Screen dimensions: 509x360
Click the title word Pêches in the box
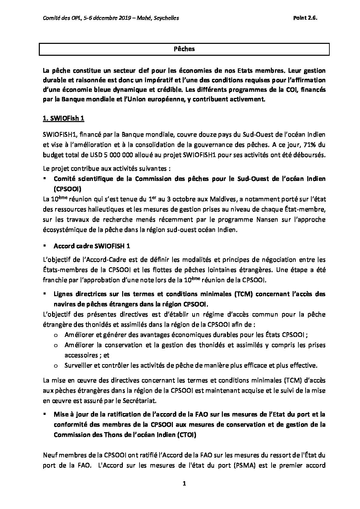tap(184, 49)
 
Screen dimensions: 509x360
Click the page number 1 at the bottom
tap(184, 483)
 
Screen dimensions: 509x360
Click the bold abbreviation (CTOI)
tap(186, 435)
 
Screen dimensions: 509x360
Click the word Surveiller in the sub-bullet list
tap(78, 366)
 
